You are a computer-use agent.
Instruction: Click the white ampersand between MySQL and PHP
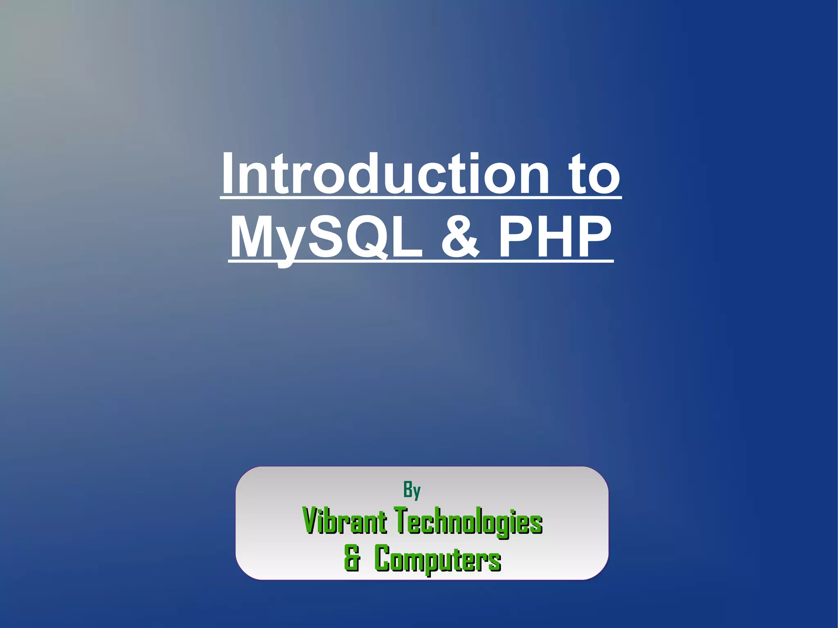tap(460, 237)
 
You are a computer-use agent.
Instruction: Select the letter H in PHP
tap(554, 237)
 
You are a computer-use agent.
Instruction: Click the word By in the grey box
tap(412, 490)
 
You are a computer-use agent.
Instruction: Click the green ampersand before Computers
tap(352, 558)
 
